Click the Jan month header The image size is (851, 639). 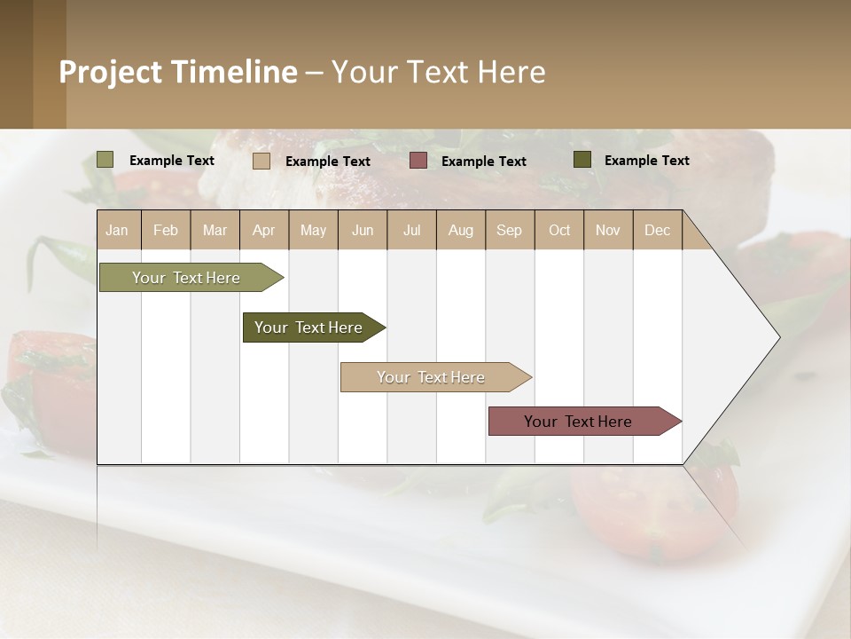click(x=118, y=230)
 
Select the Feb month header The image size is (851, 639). click(x=166, y=230)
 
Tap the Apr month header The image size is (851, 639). click(x=264, y=230)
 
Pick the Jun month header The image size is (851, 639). click(x=363, y=230)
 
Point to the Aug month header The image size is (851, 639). click(x=461, y=230)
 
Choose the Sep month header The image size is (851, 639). click(x=510, y=230)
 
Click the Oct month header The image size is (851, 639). click(x=559, y=230)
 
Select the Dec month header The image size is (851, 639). click(x=658, y=230)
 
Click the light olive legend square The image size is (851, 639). click(x=105, y=160)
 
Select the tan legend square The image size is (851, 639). click(x=262, y=161)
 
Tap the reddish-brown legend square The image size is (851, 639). click(x=418, y=161)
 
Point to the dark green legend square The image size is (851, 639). click(x=582, y=160)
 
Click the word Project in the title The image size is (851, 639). click(x=110, y=72)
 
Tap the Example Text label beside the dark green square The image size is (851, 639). click(x=646, y=161)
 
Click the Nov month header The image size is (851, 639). click(x=608, y=230)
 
